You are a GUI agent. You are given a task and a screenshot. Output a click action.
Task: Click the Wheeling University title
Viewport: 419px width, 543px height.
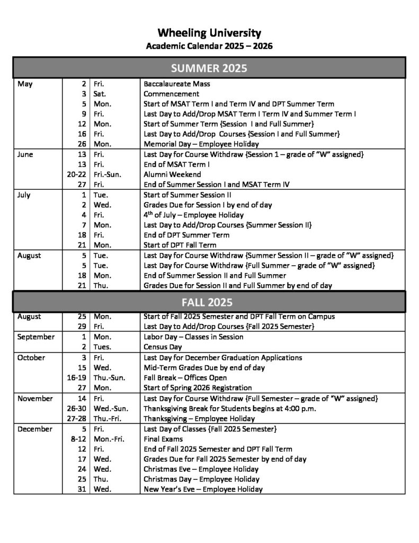[x=209, y=33]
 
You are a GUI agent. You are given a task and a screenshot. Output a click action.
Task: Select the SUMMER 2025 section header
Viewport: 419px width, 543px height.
[x=209, y=68]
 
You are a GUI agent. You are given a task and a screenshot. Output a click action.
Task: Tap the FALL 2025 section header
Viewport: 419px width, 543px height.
[x=209, y=302]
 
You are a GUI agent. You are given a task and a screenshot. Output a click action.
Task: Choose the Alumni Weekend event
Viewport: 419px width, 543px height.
[x=169, y=174]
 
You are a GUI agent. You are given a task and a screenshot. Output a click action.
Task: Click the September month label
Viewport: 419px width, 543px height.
[x=36, y=337]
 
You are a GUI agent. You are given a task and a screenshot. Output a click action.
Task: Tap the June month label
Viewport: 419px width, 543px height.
[x=25, y=154]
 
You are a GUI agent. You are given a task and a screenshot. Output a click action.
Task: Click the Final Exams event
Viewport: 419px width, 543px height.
[x=163, y=439]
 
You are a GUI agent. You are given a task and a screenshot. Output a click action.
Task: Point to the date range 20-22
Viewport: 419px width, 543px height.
[x=76, y=174]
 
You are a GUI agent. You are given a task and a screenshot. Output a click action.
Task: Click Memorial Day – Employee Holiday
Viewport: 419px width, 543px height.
[x=201, y=144]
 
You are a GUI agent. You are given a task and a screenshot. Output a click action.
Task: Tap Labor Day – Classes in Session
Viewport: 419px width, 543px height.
[x=193, y=337]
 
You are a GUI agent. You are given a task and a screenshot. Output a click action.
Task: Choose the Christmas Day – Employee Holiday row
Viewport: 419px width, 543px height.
[x=201, y=479]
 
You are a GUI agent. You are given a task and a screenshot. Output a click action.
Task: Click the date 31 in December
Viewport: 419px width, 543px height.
[x=82, y=489]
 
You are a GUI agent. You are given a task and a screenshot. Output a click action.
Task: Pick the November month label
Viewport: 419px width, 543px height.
[x=35, y=398]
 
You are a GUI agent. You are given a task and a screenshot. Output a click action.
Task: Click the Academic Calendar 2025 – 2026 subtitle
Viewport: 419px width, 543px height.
[x=209, y=46]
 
